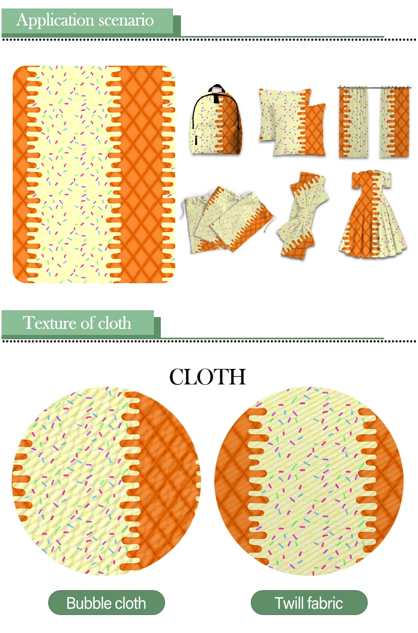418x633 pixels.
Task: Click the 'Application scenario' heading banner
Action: (87, 21)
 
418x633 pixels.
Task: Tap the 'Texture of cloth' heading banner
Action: (78, 323)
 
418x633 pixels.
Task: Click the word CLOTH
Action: (207, 377)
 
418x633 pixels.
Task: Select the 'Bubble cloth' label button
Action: (106, 603)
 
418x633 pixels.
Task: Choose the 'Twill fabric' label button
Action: (309, 603)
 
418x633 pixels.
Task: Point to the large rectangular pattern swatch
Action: (93, 174)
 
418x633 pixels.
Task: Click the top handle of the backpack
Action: (217, 89)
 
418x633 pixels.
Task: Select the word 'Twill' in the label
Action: (290, 603)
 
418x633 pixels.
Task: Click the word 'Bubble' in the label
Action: (88, 603)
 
